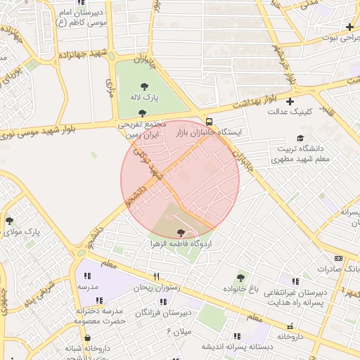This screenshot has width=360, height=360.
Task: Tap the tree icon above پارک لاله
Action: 145,85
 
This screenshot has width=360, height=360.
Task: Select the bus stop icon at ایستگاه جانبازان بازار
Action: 209,120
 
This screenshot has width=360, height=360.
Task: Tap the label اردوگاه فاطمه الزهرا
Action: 181,243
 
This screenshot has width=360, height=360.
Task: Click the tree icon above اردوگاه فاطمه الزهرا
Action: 182,232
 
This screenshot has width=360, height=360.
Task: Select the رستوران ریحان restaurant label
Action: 157,287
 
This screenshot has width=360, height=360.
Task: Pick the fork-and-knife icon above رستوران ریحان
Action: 157,276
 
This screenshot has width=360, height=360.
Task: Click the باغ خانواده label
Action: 242,289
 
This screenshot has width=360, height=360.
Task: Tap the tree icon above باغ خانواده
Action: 243,278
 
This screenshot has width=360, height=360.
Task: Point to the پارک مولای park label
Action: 20,231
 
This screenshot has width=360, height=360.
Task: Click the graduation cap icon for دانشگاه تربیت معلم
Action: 301,139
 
